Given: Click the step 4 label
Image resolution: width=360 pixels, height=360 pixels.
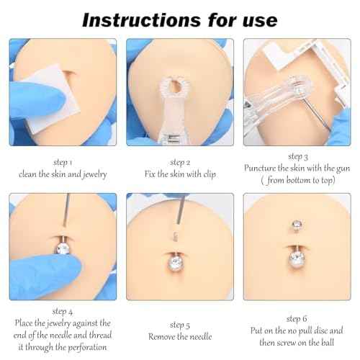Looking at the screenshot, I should [x=62, y=312].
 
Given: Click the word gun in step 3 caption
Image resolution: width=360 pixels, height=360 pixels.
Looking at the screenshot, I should [x=336, y=168].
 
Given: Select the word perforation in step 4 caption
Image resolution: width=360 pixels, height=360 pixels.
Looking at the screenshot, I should [x=87, y=348].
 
